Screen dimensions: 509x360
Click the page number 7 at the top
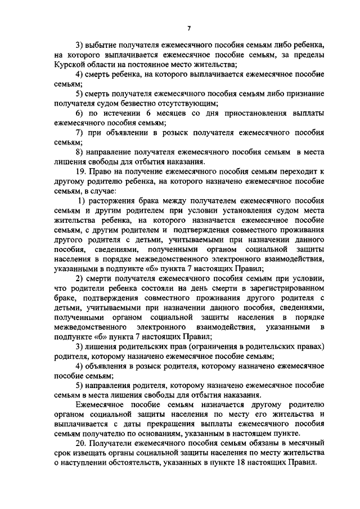click(x=189, y=29)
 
